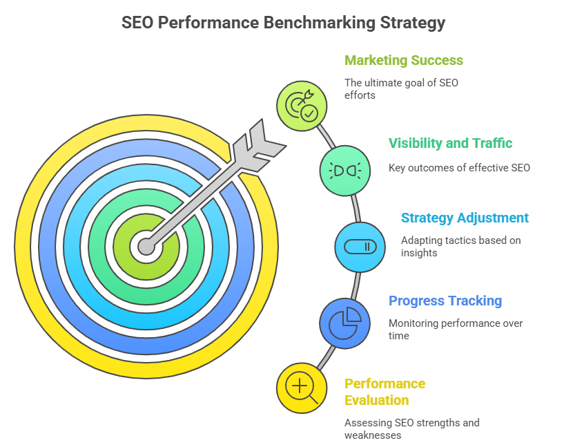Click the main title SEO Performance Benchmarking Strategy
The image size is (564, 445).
(x=284, y=23)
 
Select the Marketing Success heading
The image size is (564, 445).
(x=404, y=61)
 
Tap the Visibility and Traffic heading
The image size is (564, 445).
(x=450, y=143)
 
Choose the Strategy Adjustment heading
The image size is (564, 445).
(x=465, y=218)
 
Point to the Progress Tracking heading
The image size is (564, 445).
(x=445, y=301)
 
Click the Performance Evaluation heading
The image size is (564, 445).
(x=385, y=392)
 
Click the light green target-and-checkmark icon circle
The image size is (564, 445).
(x=302, y=106)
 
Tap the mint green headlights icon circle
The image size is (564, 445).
(x=345, y=171)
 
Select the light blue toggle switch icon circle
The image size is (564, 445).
(x=360, y=247)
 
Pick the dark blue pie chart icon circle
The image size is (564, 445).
(x=345, y=323)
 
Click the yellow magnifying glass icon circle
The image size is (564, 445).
(x=302, y=388)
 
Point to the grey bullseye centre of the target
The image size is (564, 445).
(x=146, y=247)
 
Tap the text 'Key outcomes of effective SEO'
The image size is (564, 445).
(x=459, y=168)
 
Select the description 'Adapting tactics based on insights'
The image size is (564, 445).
(x=461, y=247)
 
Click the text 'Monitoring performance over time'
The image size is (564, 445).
(x=456, y=330)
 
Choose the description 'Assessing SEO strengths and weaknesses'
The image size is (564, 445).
(x=412, y=429)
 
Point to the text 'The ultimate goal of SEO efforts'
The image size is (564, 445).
(x=401, y=89)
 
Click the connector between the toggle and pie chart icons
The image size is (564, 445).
(x=356, y=285)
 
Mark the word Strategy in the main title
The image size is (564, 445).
(x=413, y=23)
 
